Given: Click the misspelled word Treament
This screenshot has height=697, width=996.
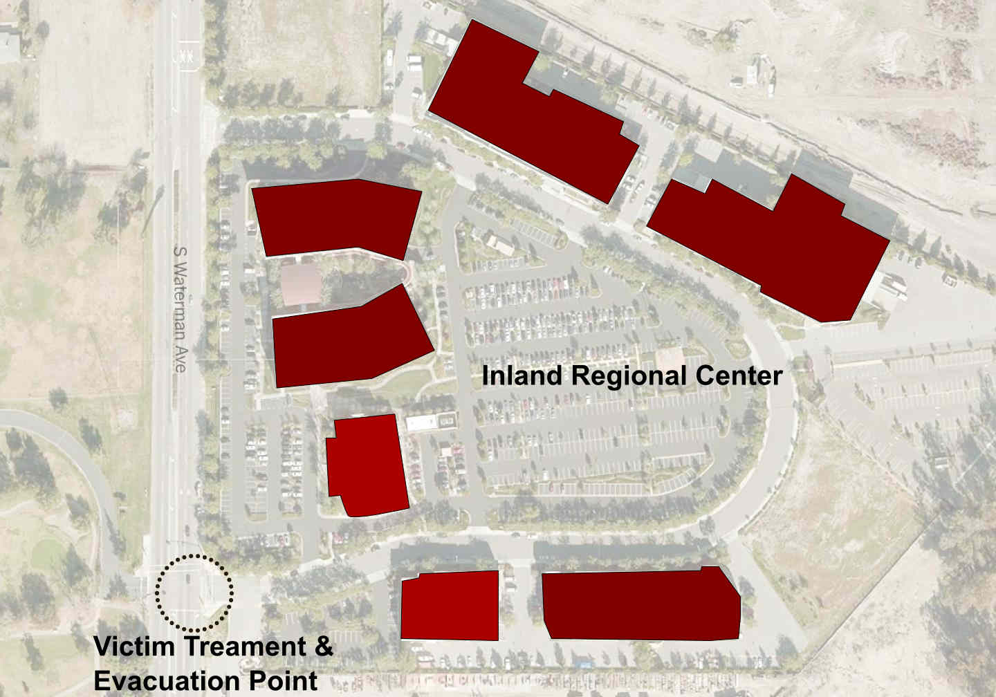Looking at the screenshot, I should click(239, 647).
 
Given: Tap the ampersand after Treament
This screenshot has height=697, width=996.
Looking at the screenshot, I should click(324, 648).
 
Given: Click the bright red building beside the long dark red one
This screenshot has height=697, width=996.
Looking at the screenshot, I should click(450, 606).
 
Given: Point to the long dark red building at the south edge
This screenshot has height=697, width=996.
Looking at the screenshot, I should click(640, 605).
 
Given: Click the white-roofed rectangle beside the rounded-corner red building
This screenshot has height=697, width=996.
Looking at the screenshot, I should click(430, 422).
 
